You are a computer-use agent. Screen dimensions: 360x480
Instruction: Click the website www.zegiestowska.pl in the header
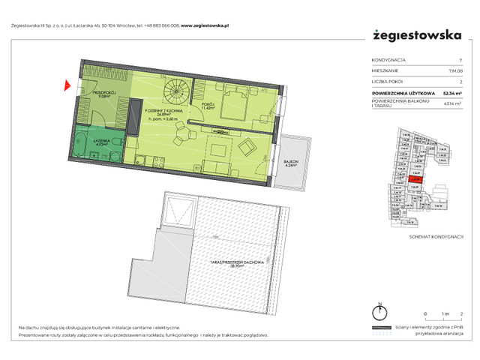pos(208,25)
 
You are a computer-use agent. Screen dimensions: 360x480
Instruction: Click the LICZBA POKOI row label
pos(388,82)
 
